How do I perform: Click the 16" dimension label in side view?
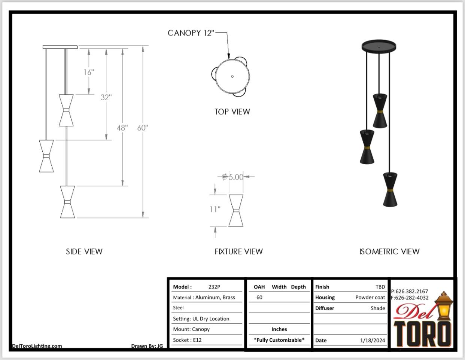89,72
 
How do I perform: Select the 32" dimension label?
106,97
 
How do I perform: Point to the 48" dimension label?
122,128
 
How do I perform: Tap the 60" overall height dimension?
143,128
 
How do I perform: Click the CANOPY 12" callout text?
191,33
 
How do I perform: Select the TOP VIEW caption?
232,112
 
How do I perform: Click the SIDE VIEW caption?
84,251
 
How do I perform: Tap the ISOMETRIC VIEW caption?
389,251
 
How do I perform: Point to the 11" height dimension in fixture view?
215,209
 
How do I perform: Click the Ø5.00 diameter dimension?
233,177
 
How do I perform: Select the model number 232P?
214,287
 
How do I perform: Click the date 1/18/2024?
372,340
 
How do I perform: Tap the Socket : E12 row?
187,340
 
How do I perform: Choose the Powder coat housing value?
370,298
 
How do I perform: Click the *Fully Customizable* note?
279,340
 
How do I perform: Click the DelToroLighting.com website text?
37,346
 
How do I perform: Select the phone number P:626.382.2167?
409,291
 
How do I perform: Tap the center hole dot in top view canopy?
232,76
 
